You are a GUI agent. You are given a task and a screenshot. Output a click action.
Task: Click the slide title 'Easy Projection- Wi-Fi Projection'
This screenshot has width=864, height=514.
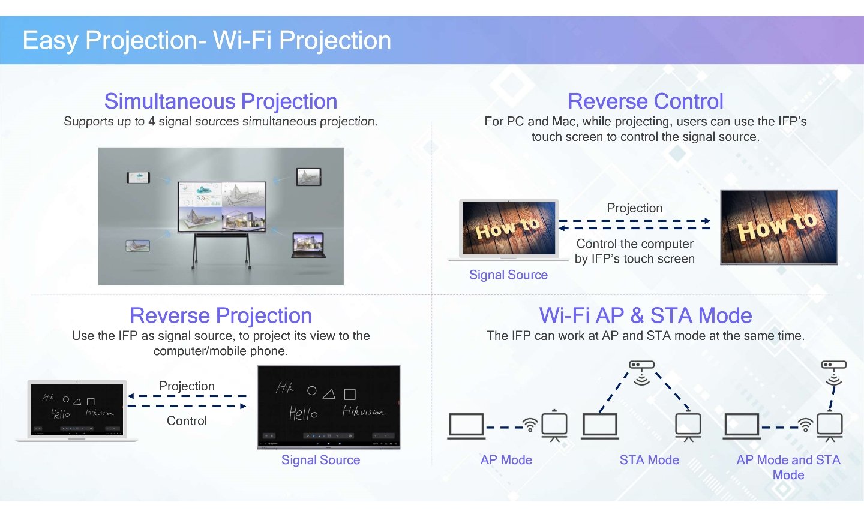207,40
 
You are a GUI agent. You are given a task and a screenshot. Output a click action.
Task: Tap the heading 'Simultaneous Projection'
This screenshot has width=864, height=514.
221,101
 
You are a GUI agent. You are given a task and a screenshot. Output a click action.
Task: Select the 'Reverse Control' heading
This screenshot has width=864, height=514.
646,101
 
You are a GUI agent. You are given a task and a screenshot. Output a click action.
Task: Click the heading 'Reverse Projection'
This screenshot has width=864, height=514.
221,315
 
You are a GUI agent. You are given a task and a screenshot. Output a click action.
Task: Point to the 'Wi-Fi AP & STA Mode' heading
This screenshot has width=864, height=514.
646,315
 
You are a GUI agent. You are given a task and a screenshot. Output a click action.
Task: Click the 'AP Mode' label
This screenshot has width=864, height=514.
506,459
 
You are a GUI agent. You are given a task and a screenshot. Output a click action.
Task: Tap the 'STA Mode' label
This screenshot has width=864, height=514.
649,459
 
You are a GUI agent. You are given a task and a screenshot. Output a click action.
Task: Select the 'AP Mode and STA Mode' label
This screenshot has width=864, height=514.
788,467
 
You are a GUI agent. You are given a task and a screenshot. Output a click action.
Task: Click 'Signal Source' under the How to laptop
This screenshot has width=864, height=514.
508,275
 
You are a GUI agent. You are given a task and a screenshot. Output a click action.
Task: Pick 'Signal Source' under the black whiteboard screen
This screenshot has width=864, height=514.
320,459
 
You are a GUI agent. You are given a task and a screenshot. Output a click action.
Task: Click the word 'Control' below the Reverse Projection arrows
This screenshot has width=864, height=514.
187,420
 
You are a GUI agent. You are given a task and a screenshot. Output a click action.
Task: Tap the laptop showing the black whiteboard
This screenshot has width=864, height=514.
77,410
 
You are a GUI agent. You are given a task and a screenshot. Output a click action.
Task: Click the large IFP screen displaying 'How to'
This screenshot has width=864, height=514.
779,227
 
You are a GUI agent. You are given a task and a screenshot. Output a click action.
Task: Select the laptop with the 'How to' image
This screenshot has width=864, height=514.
508,230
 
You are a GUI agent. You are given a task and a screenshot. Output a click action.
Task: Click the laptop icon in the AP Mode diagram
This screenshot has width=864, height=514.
466,426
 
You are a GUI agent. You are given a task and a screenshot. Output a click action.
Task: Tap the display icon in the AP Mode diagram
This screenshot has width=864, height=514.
554,425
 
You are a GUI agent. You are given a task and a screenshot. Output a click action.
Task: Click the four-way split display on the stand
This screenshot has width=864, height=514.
222,207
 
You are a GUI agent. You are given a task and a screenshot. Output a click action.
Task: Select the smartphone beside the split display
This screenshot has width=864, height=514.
138,178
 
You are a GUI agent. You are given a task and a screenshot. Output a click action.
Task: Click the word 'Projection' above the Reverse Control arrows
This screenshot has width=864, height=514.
635,208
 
